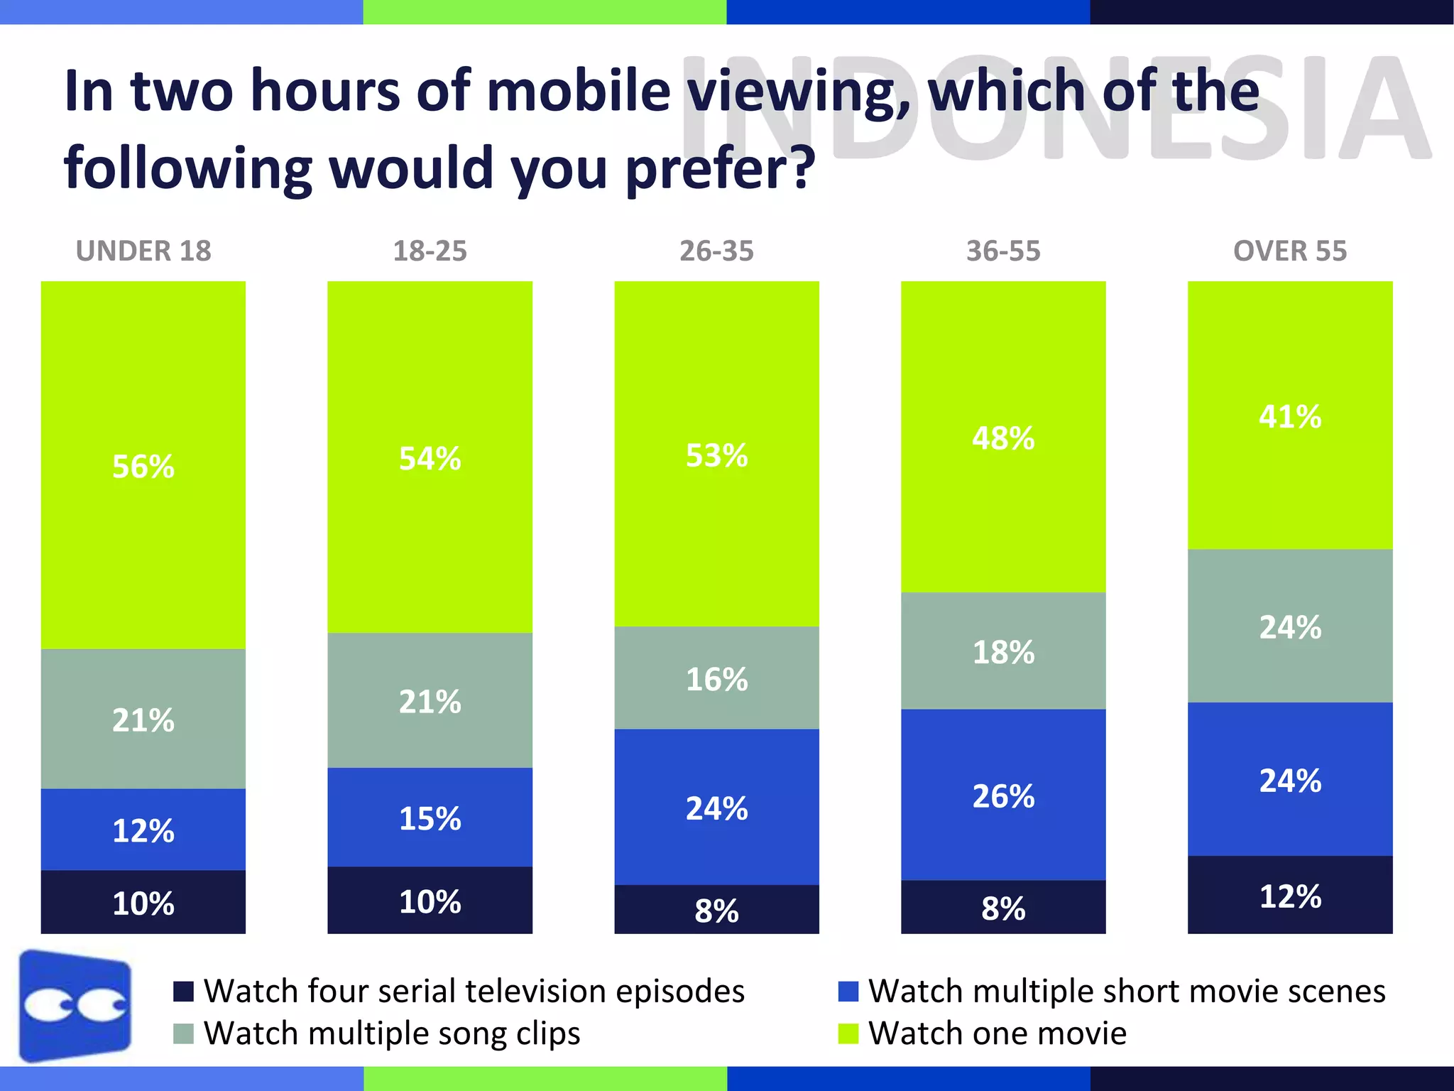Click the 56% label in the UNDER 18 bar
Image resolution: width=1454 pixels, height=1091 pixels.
[143, 467]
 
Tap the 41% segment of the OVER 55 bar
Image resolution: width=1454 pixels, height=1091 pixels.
[1290, 416]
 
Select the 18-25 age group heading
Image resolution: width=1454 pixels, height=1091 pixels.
[430, 251]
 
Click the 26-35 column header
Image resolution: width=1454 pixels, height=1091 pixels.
[716, 251]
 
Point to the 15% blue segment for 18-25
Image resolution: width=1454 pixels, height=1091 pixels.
[430, 818]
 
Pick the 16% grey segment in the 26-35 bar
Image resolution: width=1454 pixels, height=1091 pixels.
[716, 679]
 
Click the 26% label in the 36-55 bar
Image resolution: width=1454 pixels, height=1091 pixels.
[1003, 796]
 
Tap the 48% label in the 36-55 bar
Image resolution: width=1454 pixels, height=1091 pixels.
[1003, 438]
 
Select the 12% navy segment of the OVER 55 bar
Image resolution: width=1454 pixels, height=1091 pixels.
[1290, 896]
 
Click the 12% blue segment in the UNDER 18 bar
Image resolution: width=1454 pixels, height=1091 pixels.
[143, 830]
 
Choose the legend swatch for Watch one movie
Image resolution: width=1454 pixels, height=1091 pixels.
[848, 1033]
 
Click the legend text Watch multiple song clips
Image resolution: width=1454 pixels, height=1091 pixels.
[392, 1033]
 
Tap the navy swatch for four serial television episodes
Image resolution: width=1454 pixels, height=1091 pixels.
[183, 992]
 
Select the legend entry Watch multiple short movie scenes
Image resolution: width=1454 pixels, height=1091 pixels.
[1127, 992]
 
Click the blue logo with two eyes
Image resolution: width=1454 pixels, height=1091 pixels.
[75, 1006]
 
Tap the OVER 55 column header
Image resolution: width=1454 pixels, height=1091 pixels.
[1290, 251]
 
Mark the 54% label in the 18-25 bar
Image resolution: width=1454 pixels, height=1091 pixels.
[430, 459]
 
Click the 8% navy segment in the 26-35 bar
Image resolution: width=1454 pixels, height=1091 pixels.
[716, 911]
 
